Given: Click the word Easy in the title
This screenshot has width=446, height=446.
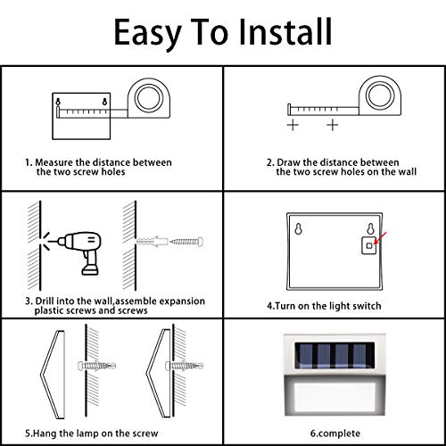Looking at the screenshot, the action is tap(148, 34).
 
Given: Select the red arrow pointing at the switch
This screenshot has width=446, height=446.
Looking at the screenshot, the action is tap(380, 238).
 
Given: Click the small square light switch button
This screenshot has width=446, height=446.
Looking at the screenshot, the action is tap(369, 245).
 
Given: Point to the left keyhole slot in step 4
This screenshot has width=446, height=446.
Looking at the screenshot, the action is tap(298, 228).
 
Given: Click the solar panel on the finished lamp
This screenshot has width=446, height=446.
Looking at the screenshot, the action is tap(334, 356).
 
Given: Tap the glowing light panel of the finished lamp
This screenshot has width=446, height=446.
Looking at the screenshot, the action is tap(334, 396).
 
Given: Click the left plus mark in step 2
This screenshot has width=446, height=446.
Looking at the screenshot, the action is tap(293, 125).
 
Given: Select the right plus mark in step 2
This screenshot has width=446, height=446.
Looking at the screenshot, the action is tap(333, 125).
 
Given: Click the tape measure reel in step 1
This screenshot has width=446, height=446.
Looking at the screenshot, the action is tap(149, 98).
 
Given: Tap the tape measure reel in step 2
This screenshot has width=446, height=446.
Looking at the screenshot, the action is tap(380, 96).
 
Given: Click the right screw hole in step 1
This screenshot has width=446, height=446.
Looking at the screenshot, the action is tap(104, 102).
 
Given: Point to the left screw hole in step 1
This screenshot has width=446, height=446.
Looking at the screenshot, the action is tap(58, 102).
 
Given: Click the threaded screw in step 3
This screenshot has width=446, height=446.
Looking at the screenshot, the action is tap(186, 241).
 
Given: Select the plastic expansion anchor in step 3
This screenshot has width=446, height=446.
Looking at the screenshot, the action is tap(152, 241).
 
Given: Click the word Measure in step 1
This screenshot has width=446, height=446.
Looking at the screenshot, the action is tap(54, 162).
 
